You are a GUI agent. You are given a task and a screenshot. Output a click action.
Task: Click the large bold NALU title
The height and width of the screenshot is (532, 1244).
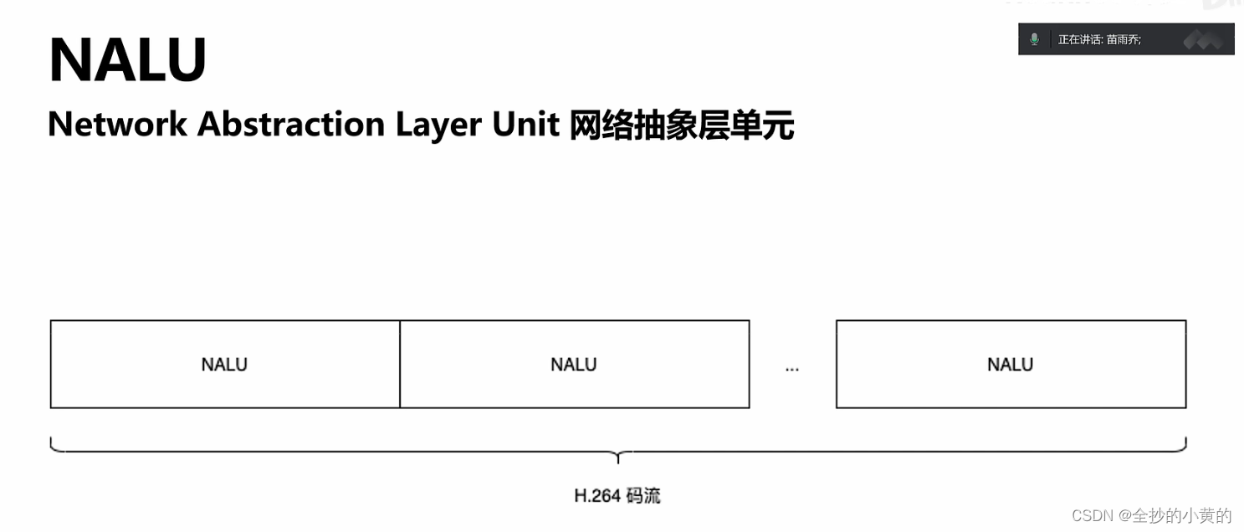click(x=127, y=60)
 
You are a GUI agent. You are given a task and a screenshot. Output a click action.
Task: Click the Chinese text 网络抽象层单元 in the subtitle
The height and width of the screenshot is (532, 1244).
click(x=681, y=125)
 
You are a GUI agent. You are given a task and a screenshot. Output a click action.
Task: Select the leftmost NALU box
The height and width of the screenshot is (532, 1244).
click(x=224, y=365)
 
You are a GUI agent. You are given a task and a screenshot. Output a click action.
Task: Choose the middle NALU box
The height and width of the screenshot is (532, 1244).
click(x=574, y=365)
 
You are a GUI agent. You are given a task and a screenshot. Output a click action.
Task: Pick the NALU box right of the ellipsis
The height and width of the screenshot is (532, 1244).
click(x=1011, y=365)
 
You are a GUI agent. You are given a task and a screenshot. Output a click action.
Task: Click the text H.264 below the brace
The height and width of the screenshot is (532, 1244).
click(x=597, y=496)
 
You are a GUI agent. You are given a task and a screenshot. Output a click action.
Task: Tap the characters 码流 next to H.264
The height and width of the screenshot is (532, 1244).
click(x=643, y=496)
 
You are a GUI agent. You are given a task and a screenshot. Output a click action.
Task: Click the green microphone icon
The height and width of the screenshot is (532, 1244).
click(x=1035, y=39)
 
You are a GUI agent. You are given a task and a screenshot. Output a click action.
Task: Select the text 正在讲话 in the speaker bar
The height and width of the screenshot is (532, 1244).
click(x=1078, y=39)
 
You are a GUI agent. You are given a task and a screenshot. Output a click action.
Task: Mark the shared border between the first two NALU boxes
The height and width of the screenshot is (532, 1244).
click(x=400, y=365)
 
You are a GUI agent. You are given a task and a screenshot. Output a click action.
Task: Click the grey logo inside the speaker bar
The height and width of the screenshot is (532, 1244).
click(x=1202, y=39)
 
